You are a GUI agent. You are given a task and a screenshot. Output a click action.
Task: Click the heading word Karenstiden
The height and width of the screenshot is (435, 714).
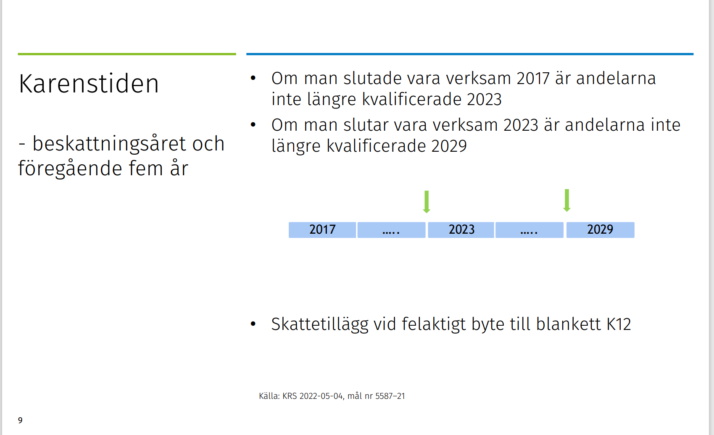pos(89,84)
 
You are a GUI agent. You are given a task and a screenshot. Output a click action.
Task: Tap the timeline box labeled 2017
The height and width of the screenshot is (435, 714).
pos(322,229)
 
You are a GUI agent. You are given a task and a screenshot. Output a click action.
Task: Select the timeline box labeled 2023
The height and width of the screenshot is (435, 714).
pos(461,229)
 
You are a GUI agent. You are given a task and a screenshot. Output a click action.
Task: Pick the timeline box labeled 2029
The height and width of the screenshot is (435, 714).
pos(600,229)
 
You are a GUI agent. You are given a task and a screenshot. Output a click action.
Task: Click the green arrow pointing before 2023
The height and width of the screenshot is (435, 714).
pos(427,202)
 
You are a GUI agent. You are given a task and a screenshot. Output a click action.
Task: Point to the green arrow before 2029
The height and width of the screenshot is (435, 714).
pos(566,200)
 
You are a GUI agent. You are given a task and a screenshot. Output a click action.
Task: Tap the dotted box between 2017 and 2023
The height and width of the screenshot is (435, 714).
pos(391,230)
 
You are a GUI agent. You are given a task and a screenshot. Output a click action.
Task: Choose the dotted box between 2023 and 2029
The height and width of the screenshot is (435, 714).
pos(529,230)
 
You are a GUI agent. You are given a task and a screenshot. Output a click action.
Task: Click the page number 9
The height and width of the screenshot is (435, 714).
pos(20,420)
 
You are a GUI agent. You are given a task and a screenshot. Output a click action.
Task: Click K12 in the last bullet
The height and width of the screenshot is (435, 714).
pos(619,324)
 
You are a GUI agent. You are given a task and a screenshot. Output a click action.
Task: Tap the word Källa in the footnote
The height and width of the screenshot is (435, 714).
pos(269,396)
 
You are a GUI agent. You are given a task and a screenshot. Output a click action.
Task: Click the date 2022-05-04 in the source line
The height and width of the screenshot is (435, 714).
pos(321,396)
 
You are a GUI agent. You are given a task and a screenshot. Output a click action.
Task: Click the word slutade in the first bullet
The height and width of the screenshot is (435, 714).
pos(372,79)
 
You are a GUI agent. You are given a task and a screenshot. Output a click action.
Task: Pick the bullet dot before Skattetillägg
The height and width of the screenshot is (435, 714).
pos(253,324)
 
